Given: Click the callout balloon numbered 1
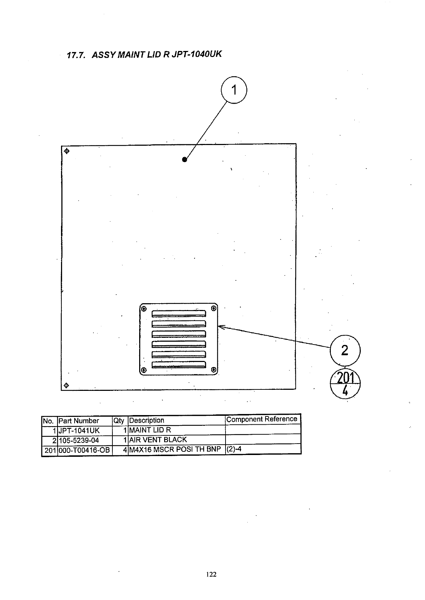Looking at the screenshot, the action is coord(234,90).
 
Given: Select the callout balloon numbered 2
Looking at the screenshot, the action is coord(345,350).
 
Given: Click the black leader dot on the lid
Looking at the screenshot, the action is coord(184,160).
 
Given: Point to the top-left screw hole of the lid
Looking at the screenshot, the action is coord(67,151).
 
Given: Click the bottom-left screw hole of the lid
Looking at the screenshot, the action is coord(66,386).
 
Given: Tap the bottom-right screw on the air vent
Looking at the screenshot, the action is coord(213,369).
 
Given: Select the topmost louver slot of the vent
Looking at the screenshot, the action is coord(179,314).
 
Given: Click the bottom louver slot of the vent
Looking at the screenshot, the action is coord(179,364).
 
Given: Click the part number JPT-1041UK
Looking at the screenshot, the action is coord(79,430).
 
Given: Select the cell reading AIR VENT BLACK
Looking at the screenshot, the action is coord(158,440).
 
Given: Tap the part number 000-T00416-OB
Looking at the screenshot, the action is coord(84,450).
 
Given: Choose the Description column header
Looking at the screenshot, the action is coord(147,420).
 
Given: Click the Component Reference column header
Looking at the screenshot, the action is coord(262,419).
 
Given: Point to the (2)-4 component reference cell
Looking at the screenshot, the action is coord(234,449).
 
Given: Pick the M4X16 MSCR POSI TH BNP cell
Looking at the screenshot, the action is coord(175,449).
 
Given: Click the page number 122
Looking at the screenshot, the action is coord(212,574).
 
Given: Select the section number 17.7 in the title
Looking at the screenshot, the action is coord(75,55).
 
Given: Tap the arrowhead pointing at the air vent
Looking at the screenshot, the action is coord(220,326).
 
